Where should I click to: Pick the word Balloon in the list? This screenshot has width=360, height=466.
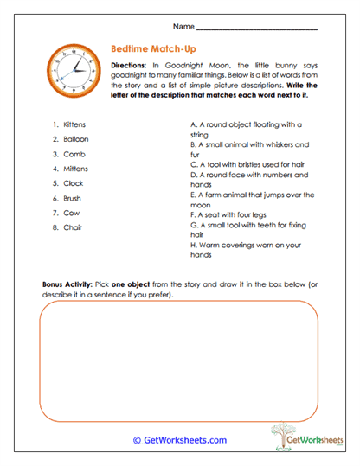[x=75, y=139]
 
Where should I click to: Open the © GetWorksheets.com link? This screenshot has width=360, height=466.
[x=180, y=440]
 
